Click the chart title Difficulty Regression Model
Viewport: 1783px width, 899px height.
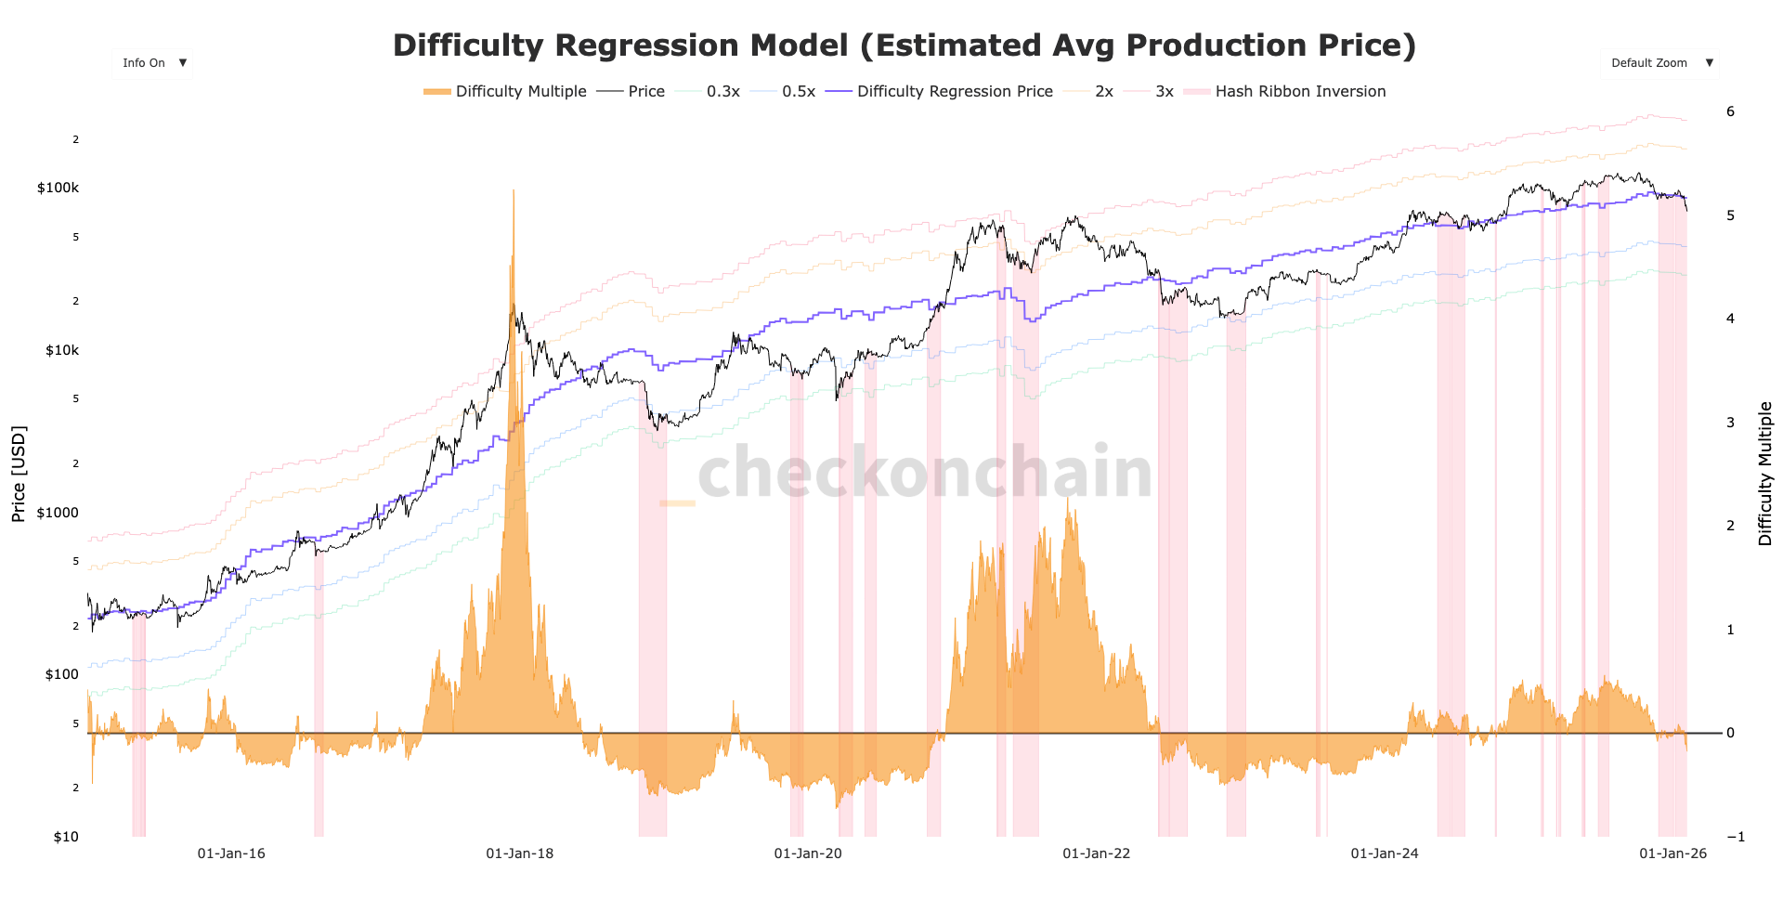(x=904, y=46)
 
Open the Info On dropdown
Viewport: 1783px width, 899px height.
(x=153, y=63)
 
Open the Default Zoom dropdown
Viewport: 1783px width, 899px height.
(x=1659, y=63)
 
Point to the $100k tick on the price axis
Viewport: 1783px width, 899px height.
(x=58, y=188)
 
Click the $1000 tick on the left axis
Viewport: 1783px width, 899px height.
(x=58, y=513)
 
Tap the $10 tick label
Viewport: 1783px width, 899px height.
(x=66, y=837)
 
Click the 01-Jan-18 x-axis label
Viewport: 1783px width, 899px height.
(x=519, y=853)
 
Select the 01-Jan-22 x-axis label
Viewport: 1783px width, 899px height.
(x=1096, y=853)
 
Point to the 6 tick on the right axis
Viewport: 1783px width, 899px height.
(x=1730, y=111)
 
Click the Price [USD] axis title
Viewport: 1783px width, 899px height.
(x=19, y=474)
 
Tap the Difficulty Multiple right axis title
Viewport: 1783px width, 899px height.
(x=1764, y=474)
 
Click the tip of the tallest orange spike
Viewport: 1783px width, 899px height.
(x=513, y=190)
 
